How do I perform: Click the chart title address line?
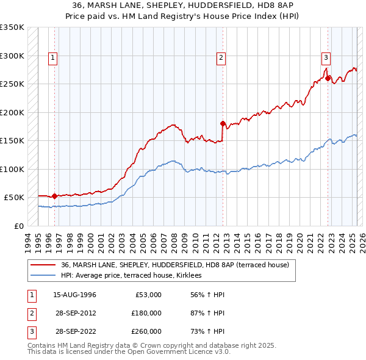pyautogui.click(x=183, y=5)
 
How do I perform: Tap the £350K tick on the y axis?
pyautogui.click(x=12, y=27)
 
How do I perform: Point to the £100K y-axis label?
pyautogui.click(x=12, y=169)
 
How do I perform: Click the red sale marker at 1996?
pyautogui.click(x=54, y=196)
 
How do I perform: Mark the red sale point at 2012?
pyautogui.click(x=222, y=123)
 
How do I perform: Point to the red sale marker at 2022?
pyautogui.click(x=328, y=78)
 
